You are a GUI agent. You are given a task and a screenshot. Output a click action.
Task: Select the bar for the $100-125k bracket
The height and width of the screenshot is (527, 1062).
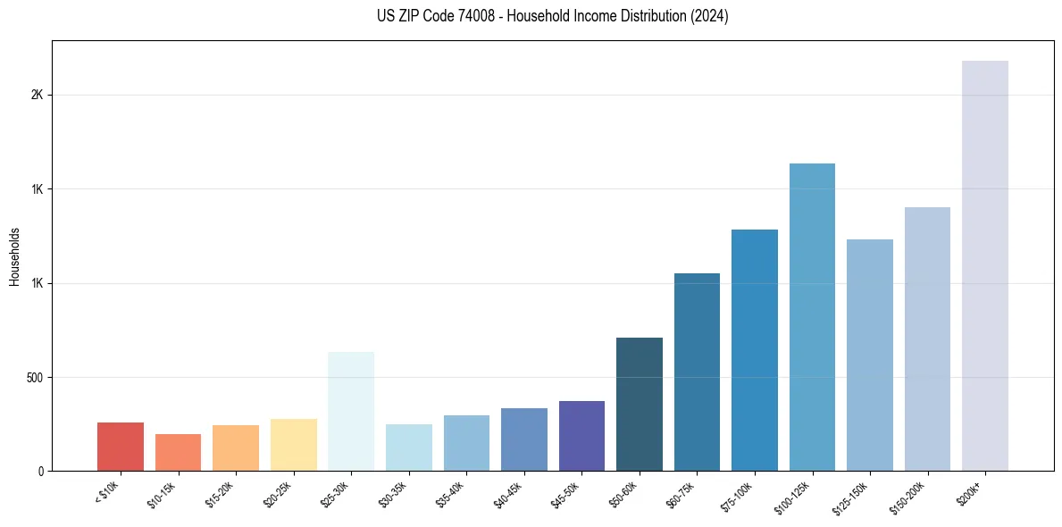pyautogui.click(x=812, y=317)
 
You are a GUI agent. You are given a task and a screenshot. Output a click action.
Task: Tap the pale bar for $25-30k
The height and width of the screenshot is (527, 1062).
pyautogui.click(x=351, y=411)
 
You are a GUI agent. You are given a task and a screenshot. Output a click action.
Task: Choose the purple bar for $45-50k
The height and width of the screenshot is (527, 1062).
pyautogui.click(x=581, y=436)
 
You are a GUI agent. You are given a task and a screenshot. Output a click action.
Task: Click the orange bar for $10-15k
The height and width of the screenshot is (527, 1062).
pyautogui.click(x=178, y=452)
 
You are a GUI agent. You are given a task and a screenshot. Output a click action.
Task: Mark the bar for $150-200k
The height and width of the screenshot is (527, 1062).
pyautogui.click(x=927, y=339)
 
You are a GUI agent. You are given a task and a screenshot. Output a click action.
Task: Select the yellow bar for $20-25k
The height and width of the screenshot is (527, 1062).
pyautogui.click(x=294, y=445)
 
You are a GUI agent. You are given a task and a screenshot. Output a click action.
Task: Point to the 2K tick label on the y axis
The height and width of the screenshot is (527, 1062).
pyautogui.click(x=37, y=96)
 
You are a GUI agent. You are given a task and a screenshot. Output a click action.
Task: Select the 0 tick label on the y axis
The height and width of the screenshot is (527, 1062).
pyautogui.click(x=40, y=472)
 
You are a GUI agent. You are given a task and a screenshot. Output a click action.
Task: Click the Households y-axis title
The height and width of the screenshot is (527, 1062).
pyautogui.click(x=15, y=256)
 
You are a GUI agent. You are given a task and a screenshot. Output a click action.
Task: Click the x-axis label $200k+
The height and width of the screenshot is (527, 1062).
pyautogui.click(x=970, y=491)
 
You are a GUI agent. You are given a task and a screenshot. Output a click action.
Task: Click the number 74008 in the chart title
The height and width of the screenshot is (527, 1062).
pyautogui.click(x=460, y=16)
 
